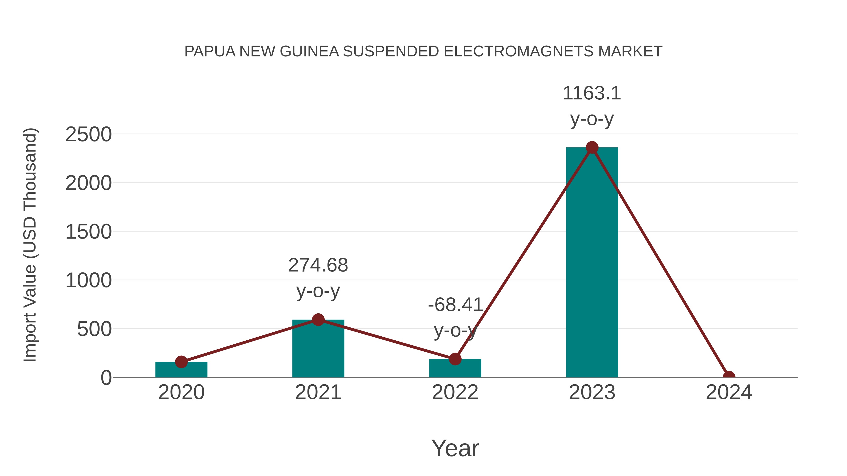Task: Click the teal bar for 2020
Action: [x=181, y=370]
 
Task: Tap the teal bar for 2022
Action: [x=455, y=369]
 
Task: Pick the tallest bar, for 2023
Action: [x=592, y=263]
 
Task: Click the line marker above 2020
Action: [x=181, y=362]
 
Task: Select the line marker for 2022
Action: [x=455, y=359]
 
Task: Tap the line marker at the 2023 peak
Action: [x=592, y=147]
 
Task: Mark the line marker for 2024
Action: [x=729, y=377]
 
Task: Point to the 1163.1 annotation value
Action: [x=592, y=93]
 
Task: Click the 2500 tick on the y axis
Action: [x=88, y=134]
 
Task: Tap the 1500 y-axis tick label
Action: [x=88, y=232]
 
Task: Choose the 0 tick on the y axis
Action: [x=106, y=378]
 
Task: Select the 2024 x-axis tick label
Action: [x=729, y=392]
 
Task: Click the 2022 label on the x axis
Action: [x=455, y=392]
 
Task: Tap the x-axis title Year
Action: [x=455, y=448]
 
